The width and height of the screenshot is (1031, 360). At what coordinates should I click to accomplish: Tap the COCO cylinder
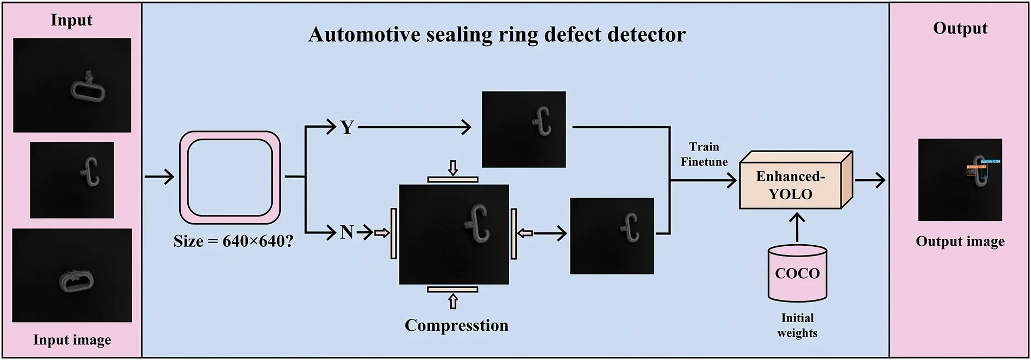(797, 273)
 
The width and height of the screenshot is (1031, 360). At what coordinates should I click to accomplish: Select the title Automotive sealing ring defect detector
(496, 35)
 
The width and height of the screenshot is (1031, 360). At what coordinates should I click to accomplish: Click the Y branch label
(347, 128)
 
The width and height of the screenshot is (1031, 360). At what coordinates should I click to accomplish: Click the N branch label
(346, 233)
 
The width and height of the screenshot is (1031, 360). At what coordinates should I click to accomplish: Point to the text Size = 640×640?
(233, 241)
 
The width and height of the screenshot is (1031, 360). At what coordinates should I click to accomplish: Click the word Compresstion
(456, 325)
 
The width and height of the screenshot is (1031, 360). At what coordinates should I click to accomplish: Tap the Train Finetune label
(704, 154)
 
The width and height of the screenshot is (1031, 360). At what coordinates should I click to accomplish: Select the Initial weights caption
(797, 325)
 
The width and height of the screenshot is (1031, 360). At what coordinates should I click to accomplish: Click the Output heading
(960, 28)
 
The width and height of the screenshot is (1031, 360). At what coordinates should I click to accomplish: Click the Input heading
(71, 20)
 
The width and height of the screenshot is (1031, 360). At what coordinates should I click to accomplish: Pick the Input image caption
(72, 340)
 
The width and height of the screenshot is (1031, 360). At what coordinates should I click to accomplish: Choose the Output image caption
(960, 241)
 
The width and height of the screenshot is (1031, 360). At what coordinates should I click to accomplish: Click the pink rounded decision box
(230, 178)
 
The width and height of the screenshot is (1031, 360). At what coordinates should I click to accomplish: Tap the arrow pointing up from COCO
(797, 226)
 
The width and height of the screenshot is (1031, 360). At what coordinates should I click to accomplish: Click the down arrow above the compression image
(453, 167)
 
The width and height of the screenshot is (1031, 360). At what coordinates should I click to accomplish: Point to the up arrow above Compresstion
(453, 301)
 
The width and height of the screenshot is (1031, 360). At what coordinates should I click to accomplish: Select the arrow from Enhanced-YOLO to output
(870, 180)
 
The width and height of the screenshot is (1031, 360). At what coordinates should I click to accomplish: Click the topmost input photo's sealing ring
(87, 88)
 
